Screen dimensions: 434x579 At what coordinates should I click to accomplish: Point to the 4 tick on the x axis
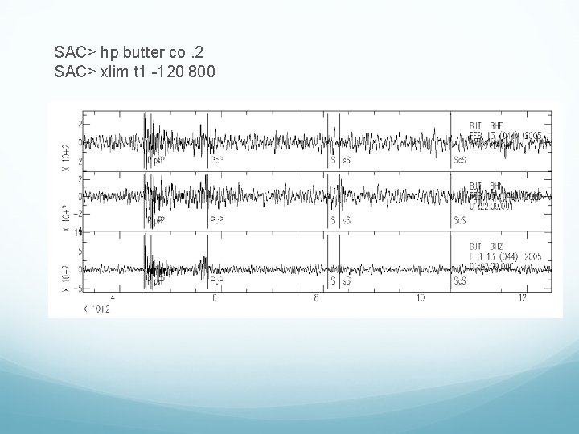111,298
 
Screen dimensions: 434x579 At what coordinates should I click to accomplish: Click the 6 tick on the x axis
214,298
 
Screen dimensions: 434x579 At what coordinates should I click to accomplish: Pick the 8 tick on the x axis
317,298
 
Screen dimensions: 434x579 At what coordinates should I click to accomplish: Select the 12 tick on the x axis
523,298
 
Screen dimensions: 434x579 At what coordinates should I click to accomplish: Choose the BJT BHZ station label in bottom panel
487,247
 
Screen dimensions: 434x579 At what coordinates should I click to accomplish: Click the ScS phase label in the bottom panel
460,281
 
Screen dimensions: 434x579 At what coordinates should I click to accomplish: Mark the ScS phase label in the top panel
460,160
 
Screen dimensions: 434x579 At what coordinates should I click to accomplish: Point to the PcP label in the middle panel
217,220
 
